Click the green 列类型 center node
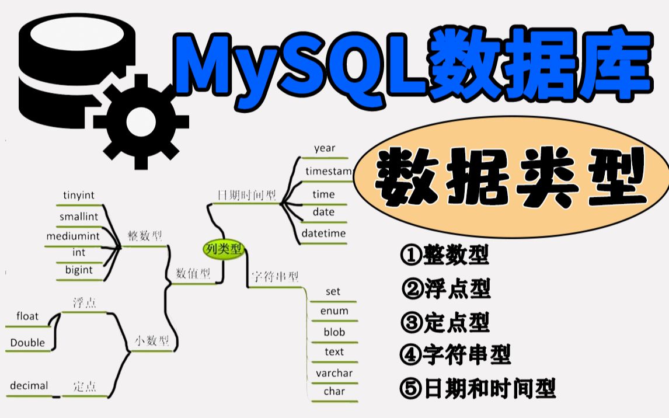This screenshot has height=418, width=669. click(x=224, y=249)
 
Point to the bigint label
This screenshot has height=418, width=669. click(x=79, y=270)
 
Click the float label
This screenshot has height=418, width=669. click(x=27, y=316)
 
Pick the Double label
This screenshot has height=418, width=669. click(x=27, y=343)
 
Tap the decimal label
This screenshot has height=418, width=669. click(x=29, y=385)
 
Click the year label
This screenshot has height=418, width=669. click(x=325, y=148)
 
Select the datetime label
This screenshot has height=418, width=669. click(x=323, y=234)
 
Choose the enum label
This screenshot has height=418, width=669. click(x=334, y=311)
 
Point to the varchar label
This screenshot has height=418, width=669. click(x=334, y=372)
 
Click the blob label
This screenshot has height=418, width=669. click(x=334, y=332)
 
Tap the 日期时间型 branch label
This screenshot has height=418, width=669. click(x=246, y=195)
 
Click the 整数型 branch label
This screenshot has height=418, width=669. click(x=145, y=236)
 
